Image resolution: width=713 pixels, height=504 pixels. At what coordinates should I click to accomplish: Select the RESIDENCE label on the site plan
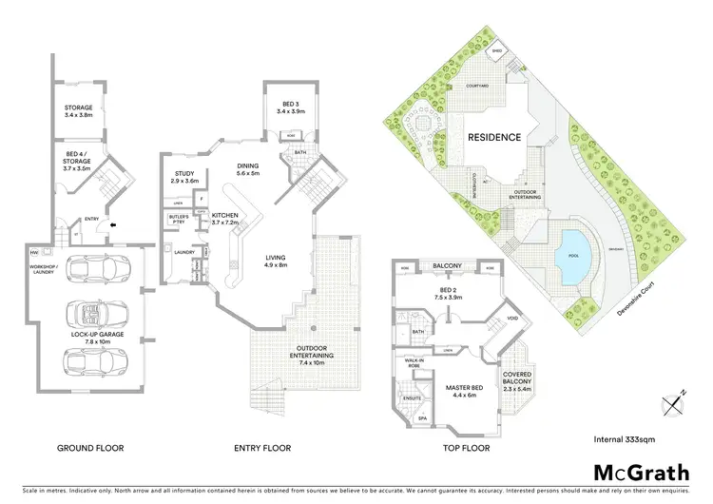coord(494,137)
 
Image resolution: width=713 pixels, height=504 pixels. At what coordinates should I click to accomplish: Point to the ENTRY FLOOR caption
coord(262,448)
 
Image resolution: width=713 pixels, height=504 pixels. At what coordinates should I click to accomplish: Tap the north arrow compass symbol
coord(675,402)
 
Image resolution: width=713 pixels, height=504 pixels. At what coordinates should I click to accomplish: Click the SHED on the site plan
coord(496,52)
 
